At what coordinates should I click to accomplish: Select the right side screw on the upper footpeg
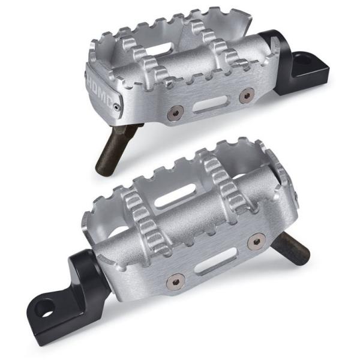click(x=245, y=95)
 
